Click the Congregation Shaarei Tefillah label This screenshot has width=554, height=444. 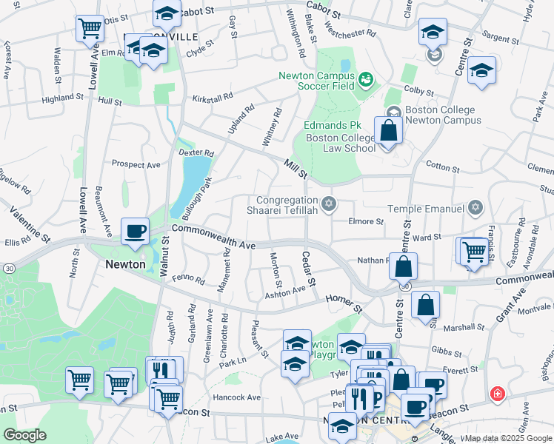288,206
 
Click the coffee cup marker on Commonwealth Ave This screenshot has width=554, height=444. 136,231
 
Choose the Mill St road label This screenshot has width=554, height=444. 296,168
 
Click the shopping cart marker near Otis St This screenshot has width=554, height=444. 90,28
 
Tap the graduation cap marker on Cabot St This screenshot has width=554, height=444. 167,13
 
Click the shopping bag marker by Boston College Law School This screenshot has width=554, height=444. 388,132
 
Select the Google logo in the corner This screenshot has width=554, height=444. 24,435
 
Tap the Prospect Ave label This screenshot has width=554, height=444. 136,164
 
